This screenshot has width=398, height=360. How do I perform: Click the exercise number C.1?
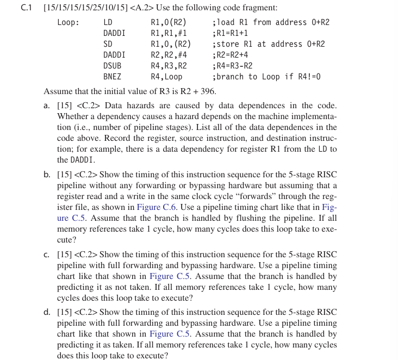(27, 8)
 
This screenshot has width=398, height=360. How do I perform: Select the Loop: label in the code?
(68, 22)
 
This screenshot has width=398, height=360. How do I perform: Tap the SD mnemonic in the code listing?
(108, 44)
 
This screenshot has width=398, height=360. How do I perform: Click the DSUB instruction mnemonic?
(112, 66)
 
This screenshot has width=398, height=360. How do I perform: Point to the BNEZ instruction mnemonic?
(112, 77)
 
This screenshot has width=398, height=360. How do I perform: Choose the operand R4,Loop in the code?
(166, 77)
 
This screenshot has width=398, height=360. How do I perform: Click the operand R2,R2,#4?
(169, 55)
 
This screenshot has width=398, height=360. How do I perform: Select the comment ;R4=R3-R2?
(232, 66)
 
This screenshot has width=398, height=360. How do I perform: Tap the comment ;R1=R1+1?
(232, 33)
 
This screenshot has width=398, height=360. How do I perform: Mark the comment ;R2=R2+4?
(232, 55)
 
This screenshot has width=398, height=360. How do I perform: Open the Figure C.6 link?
(156, 207)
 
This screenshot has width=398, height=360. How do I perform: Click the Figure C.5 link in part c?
(169, 276)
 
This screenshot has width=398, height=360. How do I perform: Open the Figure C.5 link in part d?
(169, 334)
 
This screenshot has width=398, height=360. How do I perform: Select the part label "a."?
(47, 105)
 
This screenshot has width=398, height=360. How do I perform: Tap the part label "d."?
(47, 312)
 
